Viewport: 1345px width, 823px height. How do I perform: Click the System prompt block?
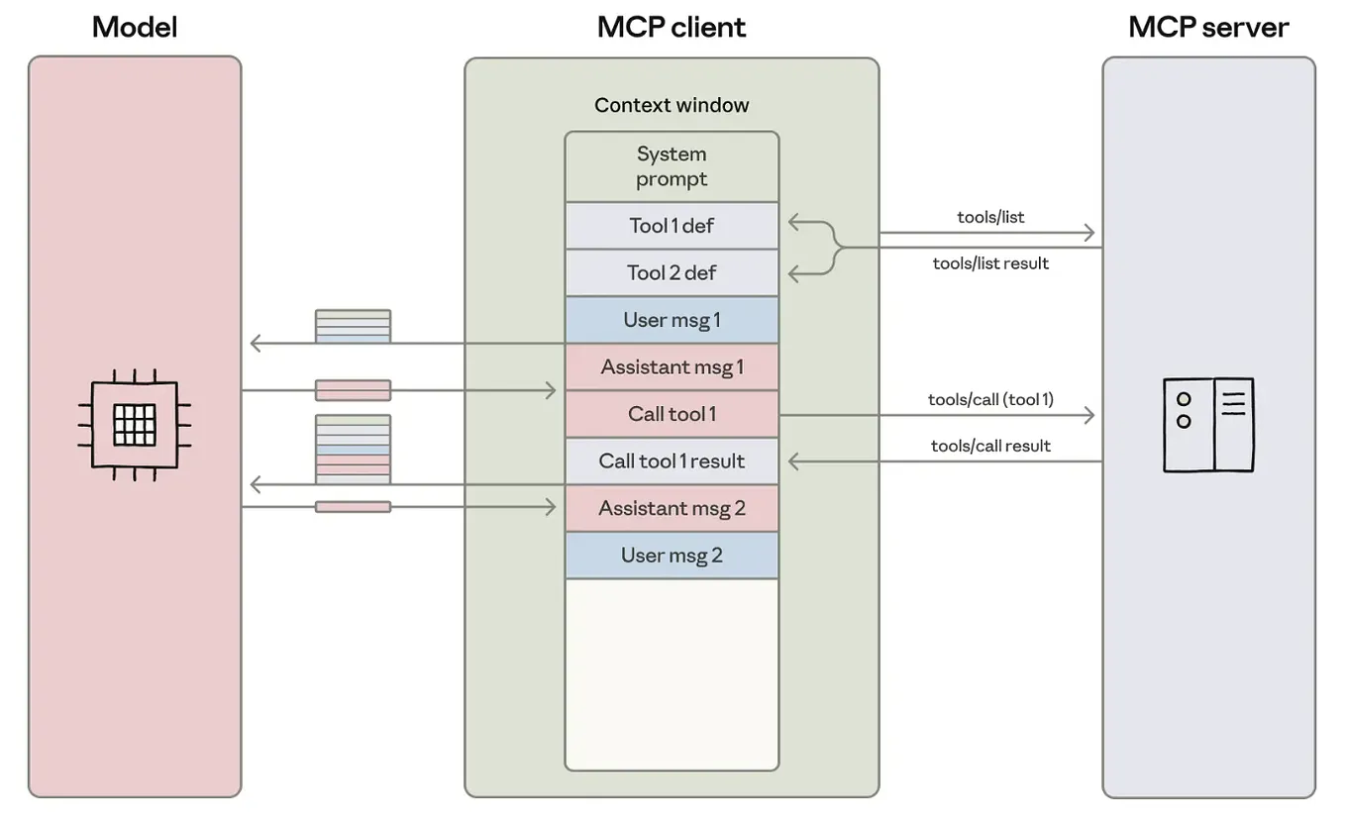point(672,166)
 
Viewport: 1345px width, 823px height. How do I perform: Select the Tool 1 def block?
point(672,226)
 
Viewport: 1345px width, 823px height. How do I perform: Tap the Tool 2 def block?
point(672,272)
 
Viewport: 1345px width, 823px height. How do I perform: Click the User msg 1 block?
point(672,320)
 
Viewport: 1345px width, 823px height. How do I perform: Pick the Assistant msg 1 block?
point(672,367)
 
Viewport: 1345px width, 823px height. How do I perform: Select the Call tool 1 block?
point(672,414)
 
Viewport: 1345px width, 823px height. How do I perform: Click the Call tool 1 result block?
point(672,461)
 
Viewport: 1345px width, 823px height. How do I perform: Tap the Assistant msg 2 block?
point(672,508)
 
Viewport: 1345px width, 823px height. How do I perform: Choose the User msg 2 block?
point(672,555)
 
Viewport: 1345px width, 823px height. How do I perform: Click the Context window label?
point(672,105)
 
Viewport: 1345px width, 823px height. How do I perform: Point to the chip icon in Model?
point(135,425)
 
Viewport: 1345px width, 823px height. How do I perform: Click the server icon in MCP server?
point(1208,425)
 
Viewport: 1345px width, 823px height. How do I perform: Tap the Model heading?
point(135,27)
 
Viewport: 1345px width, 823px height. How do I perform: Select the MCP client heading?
point(672,27)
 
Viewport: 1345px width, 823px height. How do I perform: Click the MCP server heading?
point(1208,27)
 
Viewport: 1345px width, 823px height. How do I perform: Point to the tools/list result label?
point(990,263)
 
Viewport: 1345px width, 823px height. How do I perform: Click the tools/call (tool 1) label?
point(990,399)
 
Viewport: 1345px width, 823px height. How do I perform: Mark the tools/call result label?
point(990,446)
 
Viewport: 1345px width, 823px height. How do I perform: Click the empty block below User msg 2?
point(672,673)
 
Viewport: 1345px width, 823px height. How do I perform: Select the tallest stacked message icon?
point(353,449)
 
